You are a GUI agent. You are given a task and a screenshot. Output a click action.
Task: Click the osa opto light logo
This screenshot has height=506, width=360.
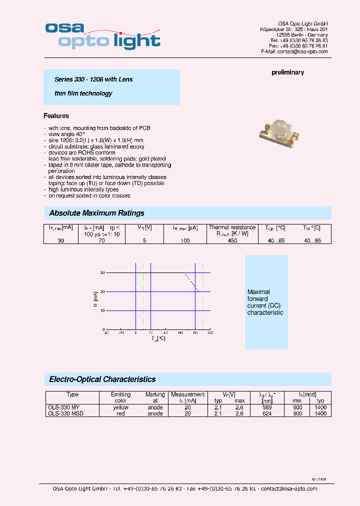[x=102, y=35]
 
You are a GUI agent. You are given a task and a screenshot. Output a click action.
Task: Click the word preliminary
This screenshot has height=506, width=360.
[x=287, y=72]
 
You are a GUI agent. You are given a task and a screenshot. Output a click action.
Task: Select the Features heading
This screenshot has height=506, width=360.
[x=56, y=116]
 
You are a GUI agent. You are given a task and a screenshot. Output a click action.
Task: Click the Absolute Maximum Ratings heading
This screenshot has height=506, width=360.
[x=96, y=213]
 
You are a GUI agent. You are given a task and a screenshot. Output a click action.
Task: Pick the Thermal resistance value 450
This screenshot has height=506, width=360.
[x=232, y=240]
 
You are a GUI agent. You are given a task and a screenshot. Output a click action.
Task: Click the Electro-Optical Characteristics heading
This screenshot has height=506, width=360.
[x=102, y=379]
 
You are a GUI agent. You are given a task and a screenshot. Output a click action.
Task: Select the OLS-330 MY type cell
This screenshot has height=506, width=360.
[x=63, y=407]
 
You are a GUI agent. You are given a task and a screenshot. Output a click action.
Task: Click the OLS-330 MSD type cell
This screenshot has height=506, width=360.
[x=65, y=413]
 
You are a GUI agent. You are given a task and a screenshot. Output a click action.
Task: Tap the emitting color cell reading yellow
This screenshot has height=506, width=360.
[x=120, y=407]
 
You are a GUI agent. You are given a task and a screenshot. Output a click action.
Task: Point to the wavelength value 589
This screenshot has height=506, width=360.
[x=266, y=407]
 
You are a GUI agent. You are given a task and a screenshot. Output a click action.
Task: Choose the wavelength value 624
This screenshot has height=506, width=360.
[x=266, y=413]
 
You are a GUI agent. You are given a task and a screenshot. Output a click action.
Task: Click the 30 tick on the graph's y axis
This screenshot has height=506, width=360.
[x=102, y=272]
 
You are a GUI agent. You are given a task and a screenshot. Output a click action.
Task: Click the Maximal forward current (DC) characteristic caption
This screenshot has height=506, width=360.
[x=265, y=302]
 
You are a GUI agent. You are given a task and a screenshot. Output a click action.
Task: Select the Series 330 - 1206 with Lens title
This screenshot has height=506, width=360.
[x=93, y=79]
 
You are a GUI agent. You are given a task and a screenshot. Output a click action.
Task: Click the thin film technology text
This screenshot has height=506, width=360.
[x=83, y=93]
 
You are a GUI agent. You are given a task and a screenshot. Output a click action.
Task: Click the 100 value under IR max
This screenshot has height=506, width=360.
[x=185, y=240]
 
